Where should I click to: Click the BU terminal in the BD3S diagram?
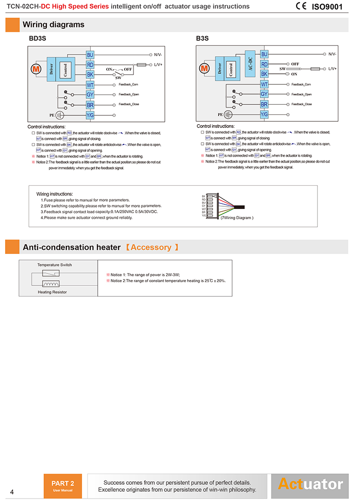(90, 55)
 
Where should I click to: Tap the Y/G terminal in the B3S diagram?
(264, 114)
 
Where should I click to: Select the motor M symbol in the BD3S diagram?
(36, 69)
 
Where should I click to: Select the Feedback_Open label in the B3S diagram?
(301, 95)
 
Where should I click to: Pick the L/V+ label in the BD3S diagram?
(158, 65)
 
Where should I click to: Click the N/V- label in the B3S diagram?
(332, 54)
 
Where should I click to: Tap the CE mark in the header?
(301, 6)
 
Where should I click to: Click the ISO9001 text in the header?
(327, 6)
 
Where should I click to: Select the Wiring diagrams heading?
(53, 25)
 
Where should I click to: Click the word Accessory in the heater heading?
(151, 247)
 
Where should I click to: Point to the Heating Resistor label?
(52, 292)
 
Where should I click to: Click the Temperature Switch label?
(55, 265)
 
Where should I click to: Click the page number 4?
(12, 492)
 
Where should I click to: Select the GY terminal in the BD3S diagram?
(90, 95)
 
